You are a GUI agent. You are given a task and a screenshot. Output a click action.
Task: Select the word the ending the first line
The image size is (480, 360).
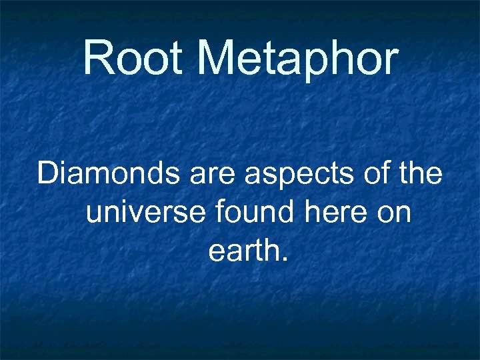pos(419,174)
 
